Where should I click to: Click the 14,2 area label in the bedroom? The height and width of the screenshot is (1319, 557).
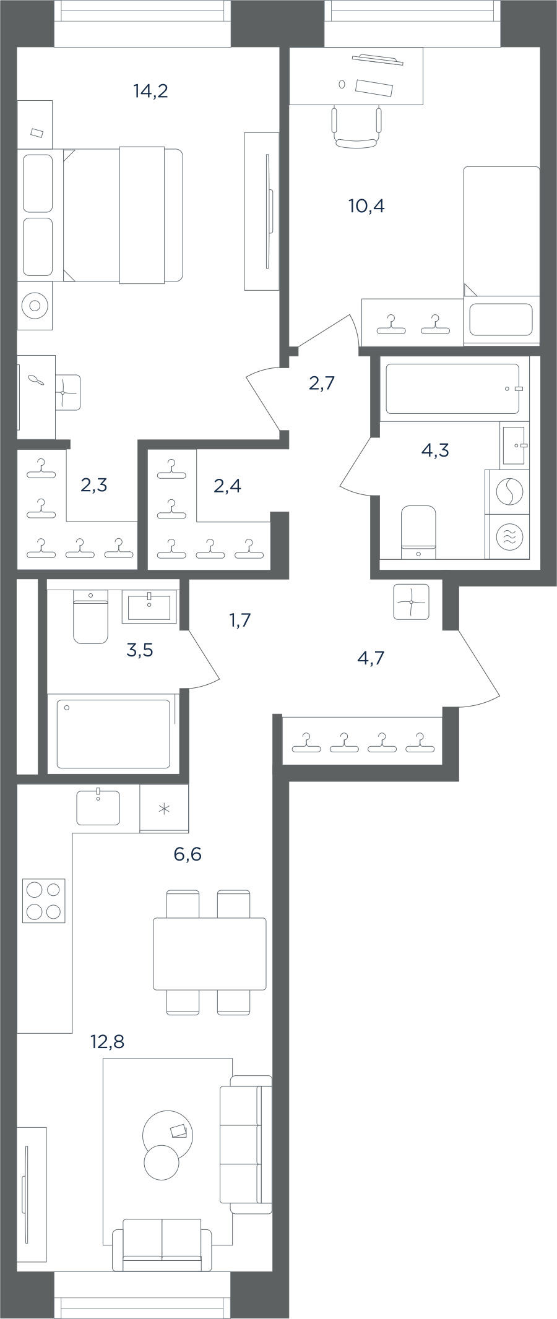point(150,92)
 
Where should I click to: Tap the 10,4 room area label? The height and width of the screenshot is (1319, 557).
point(366,206)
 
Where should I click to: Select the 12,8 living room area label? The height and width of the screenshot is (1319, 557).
point(107,1042)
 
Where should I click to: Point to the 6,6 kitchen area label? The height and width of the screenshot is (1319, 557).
point(188,854)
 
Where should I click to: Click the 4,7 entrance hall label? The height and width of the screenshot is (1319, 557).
point(371,658)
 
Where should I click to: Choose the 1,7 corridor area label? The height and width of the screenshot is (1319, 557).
point(240,620)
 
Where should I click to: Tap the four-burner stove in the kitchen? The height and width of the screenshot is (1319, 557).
point(44,901)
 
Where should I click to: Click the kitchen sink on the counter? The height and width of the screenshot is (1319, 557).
point(98,807)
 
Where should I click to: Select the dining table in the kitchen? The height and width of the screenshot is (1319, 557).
point(210,953)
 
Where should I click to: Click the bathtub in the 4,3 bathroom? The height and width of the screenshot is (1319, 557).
point(452,389)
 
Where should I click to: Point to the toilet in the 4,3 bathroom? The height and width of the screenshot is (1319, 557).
point(418,532)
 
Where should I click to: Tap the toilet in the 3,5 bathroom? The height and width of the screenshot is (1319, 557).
point(90,616)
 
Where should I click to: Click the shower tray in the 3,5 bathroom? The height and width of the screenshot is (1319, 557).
point(113,734)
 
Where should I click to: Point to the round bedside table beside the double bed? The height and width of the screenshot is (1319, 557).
point(35,305)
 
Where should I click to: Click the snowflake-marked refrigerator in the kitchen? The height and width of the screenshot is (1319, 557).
point(164,809)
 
